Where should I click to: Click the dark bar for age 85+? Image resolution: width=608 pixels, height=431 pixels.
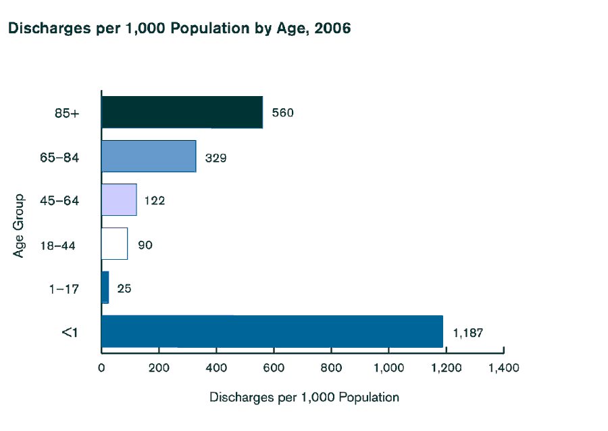coord(182,112)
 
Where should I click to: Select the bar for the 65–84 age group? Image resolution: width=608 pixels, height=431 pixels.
coord(149,156)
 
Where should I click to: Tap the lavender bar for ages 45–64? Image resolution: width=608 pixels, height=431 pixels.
coord(119,200)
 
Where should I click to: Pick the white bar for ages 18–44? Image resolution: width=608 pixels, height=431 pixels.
coord(114,244)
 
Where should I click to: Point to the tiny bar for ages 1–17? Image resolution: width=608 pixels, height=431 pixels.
coord(105,288)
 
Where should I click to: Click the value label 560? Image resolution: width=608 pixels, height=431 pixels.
coord(282,113)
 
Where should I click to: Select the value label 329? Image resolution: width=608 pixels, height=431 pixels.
coord(216,158)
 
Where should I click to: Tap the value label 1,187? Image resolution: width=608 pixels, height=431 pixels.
coord(467,333)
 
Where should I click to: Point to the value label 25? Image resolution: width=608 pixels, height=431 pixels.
coord(124,289)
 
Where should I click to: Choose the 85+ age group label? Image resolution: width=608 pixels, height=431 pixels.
coord(67,114)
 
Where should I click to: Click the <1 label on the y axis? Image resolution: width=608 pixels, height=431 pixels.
coord(70,332)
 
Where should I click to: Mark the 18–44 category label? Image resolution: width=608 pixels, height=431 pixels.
coord(57,245)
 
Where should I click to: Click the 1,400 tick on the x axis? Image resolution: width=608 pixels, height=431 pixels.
coord(503,368)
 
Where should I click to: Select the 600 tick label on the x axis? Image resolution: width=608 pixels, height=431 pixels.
coord(274,368)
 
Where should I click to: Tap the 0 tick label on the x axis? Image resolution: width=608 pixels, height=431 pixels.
coord(101,368)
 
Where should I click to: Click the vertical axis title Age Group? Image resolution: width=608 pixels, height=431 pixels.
coord(19,225)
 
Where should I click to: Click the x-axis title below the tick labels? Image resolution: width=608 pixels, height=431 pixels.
coord(304,397)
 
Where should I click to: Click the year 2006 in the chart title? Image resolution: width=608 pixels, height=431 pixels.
coord(332,29)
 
